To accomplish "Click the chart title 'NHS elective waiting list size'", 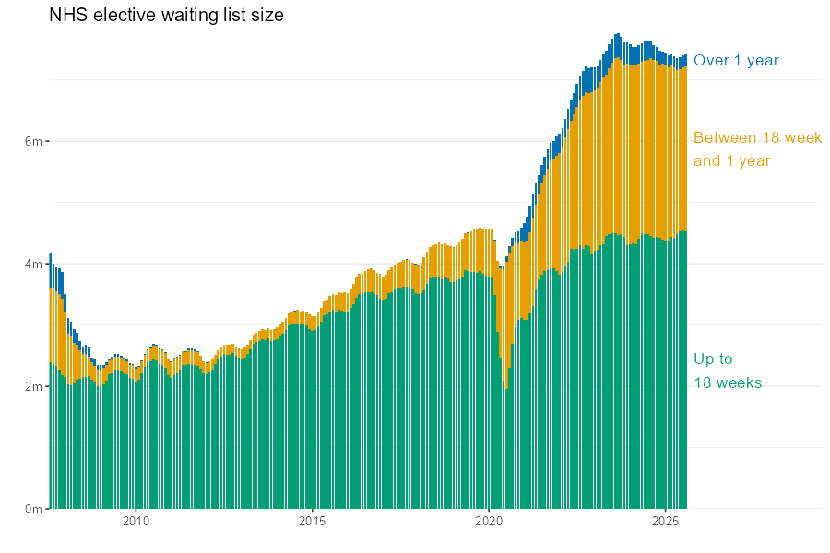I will pyautogui.click(x=166, y=16).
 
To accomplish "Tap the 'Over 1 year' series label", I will pyautogui.click(x=736, y=61).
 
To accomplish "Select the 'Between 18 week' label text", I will pyautogui.click(x=757, y=138).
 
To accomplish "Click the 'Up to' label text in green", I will pyautogui.click(x=713, y=359).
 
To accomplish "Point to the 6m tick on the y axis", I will pyautogui.click(x=33, y=141).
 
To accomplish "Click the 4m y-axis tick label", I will pyautogui.click(x=33, y=264).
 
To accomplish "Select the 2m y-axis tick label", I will pyautogui.click(x=33, y=386).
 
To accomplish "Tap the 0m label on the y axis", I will pyautogui.click(x=33, y=509).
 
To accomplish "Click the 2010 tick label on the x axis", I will pyautogui.click(x=136, y=522).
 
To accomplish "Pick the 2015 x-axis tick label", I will pyautogui.click(x=312, y=522).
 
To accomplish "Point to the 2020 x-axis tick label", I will pyautogui.click(x=489, y=522).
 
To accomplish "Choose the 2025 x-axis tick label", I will pyautogui.click(x=666, y=522).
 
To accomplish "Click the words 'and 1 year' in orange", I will pyautogui.click(x=731, y=161).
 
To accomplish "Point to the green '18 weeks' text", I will pyautogui.click(x=728, y=383).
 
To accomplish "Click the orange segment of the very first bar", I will pyautogui.click(x=50, y=323).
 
